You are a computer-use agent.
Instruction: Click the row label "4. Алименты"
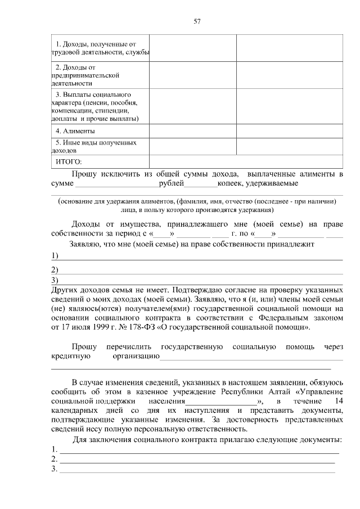(75, 131)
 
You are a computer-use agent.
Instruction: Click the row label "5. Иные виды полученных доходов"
(96, 147)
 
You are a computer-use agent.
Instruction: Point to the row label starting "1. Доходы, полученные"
(98, 48)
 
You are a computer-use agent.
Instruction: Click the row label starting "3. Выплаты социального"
(96, 106)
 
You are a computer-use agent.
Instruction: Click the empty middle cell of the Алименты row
(192, 131)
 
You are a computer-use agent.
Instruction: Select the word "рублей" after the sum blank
(172, 183)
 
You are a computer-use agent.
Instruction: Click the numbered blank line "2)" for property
(200, 272)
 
